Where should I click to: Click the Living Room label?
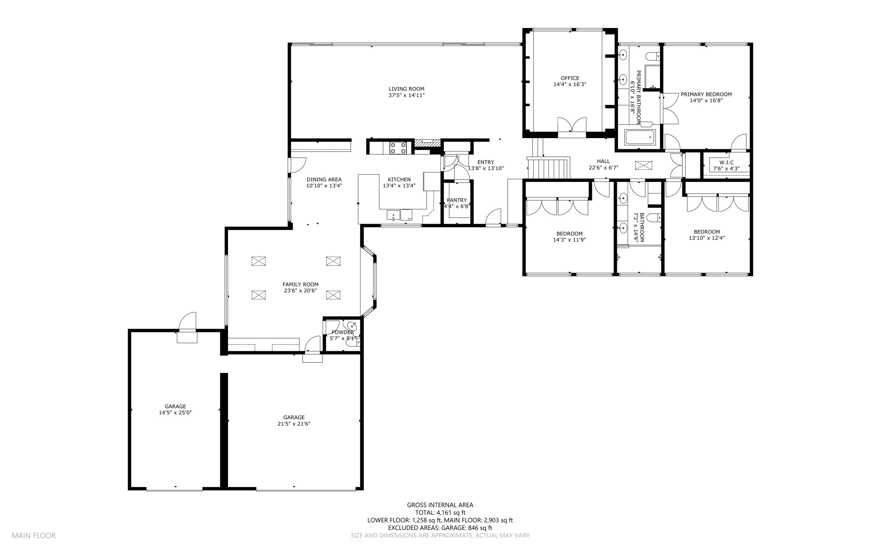click(406, 89)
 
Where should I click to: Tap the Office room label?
click(570, 78)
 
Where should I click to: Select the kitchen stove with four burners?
click(398, 148)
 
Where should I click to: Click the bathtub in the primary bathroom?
click(640, 137)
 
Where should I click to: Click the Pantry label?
click(456, 200)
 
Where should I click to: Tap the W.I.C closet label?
click(726, 162)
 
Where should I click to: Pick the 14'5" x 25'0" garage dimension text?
click(175, 412)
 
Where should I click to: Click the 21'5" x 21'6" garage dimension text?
click(294, 424)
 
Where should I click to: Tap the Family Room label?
click(300, 284)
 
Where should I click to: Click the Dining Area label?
click(324, 180)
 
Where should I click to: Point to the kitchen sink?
click(394, 214)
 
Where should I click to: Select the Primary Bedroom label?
click(706, 94)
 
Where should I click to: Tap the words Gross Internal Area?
click(440, 505)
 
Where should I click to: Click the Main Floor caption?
click(34, 535)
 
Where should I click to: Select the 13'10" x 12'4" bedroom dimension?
click(706, 238)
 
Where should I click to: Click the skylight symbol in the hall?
click(644, 166)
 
